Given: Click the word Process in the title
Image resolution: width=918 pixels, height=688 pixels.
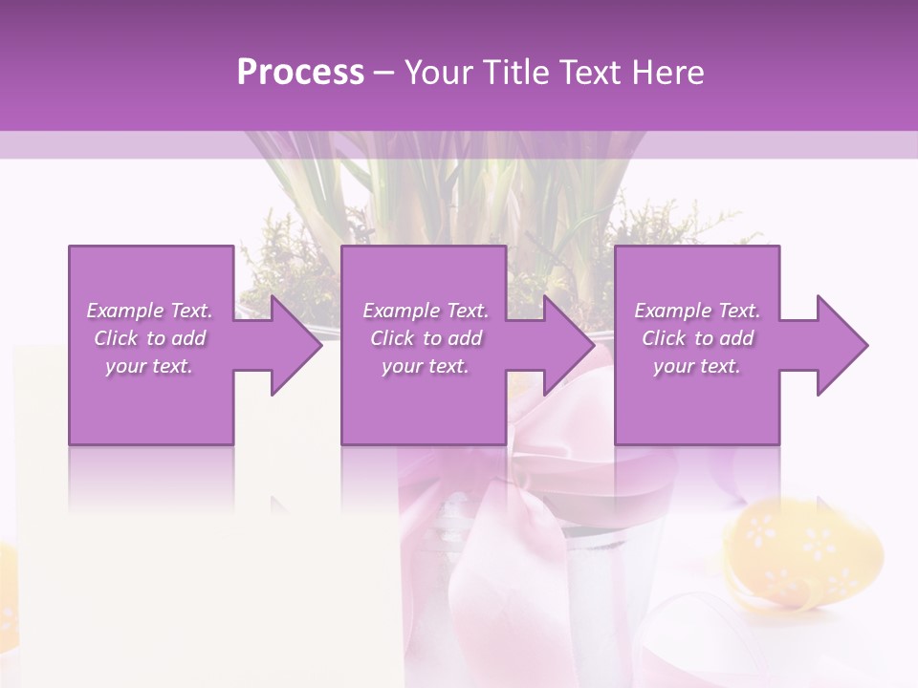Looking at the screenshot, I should (300, 73).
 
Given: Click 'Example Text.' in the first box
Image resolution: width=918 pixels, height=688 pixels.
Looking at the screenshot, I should (149, 311).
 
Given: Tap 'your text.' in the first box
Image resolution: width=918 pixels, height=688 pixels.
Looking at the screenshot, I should (149, 366).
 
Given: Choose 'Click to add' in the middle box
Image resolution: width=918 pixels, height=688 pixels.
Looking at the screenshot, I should (426, 338).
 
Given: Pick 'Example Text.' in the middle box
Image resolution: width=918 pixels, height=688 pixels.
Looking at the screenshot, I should (426, 311).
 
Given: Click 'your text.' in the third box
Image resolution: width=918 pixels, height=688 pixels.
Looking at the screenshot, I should (697, 366).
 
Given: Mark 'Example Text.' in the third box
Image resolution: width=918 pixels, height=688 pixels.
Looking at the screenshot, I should (697, 311).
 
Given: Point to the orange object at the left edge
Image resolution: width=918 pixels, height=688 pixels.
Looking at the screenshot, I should (6, 592).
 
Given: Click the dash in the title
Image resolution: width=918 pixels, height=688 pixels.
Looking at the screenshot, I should (384, 73).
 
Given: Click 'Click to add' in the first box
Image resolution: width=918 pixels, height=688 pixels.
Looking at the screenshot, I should (149, 338).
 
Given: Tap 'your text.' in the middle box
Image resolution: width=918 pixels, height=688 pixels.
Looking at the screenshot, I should (426, 366).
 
